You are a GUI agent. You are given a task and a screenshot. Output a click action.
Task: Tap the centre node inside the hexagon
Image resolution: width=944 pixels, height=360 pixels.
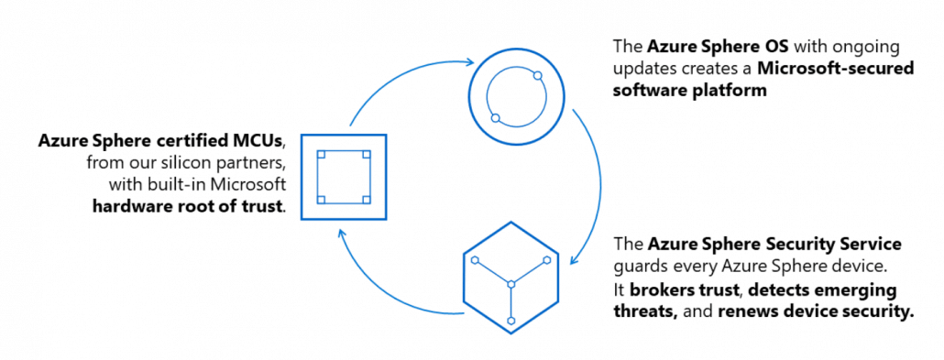511,281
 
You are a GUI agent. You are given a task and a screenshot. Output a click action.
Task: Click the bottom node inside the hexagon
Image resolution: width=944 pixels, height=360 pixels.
511,319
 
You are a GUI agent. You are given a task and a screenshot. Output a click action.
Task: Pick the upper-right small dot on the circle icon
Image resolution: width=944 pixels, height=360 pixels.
538,76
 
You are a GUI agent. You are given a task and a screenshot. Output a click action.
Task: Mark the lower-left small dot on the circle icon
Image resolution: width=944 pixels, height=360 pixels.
496,118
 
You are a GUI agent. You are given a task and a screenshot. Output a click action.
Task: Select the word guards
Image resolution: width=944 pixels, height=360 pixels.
640,267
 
